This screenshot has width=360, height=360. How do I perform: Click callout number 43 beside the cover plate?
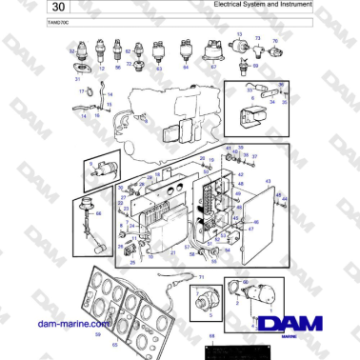(x=268, y=181)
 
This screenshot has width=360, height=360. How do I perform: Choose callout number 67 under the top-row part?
(x=213, y=68)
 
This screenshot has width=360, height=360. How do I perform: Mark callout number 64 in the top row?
(x=186, y=68)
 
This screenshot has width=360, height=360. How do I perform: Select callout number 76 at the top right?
(x=274, y=41)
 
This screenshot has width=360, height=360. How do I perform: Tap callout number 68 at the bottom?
(x=211, y=336)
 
